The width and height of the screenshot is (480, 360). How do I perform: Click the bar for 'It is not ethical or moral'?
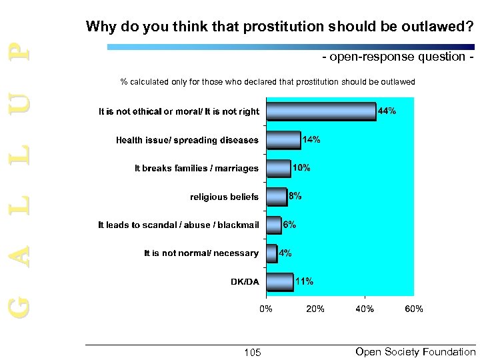[321, 111]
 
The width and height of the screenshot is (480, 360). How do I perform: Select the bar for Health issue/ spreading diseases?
[283, 140]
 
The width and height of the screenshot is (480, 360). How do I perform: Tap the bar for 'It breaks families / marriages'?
[279, 168]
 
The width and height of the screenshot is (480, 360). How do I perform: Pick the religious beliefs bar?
[276, 197]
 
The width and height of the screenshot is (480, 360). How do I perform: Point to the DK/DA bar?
[280, 281]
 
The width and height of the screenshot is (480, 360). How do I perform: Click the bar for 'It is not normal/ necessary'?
[271, 253]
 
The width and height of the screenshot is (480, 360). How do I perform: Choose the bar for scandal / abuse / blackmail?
[273, 225]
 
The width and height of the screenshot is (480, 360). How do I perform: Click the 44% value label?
[387, 111]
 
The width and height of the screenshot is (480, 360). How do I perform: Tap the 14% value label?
[312, 140]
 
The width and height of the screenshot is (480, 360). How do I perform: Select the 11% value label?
[304, 281]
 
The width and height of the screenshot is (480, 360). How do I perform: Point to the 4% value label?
[285, 253]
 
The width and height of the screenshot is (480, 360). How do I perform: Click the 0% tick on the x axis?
[266, 309]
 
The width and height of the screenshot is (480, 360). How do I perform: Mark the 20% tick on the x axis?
[315, 309]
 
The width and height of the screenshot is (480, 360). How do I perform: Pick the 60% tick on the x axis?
[414, 309]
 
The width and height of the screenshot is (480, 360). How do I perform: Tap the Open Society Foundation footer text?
[416, 352]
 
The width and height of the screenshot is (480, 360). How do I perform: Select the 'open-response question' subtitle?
[399, 58]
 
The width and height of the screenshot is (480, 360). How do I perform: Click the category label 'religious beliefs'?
[224, 197]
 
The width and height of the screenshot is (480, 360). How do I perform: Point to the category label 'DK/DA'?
[245, 281]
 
